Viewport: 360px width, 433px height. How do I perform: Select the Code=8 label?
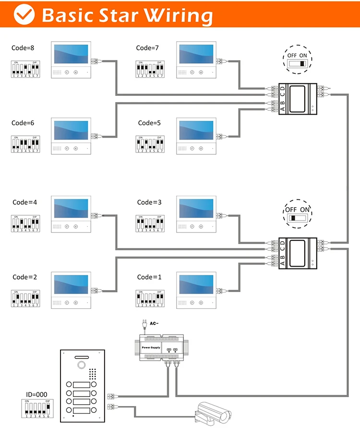(x=23, y=47)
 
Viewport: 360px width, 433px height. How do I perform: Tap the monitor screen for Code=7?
(x=196, y=55)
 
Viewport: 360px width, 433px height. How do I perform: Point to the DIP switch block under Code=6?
(x=25, y=144)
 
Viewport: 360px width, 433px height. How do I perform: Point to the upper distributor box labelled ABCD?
(x=298, y=98)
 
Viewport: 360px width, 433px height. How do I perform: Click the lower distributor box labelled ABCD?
(x=298, y=252)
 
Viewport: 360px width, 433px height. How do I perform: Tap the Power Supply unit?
(x=166, y=346)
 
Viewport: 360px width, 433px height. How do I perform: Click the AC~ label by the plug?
(x=154, y=323)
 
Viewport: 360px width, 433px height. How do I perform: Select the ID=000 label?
(x=37, y=395)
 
